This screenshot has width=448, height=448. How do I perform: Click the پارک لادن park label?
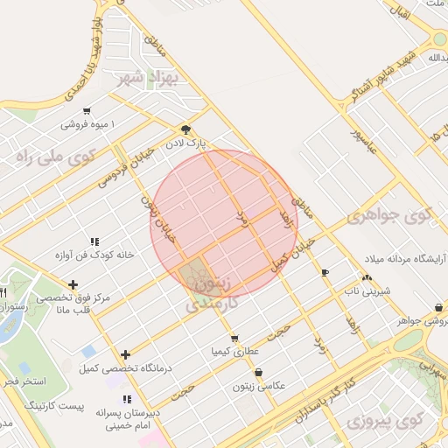point(190,142)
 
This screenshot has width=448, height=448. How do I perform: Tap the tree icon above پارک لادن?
point(185,128)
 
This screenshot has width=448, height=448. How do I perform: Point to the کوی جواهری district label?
point(389,215)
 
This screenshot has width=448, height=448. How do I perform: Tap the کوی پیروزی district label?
point(377,423)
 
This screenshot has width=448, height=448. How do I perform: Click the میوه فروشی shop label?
point(88,124)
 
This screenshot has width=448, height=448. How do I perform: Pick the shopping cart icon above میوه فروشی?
point(86,111)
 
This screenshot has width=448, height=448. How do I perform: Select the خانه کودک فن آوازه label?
point(94,255)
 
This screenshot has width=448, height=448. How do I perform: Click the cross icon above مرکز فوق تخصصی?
point(73,284)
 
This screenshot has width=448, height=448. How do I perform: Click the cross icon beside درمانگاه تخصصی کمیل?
point(126,354)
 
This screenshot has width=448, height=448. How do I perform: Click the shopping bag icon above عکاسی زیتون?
point(258,373)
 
